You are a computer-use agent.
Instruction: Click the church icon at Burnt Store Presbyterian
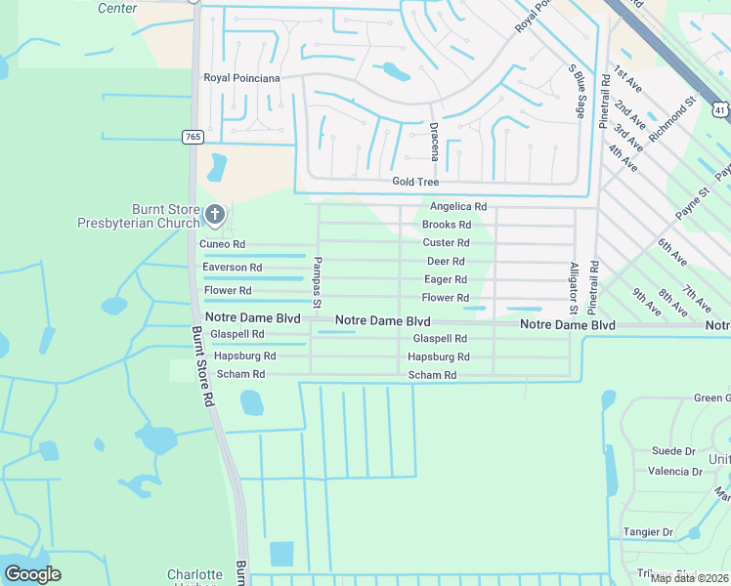click(x=216, y=213)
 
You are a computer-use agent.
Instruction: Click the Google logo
click(x=32, y=573)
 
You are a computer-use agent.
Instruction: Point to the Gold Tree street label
click(x=415, y=182)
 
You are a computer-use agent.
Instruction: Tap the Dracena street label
click(x=433, y=145)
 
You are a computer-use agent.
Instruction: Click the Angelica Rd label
click(x=458, y=207)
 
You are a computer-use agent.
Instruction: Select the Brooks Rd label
click(x=447, y=225)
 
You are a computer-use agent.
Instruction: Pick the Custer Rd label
click(x=447, y=243)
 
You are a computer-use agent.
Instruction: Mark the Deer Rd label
click(x=446, y=262)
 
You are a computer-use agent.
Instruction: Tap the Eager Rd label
click(x=446, y=279)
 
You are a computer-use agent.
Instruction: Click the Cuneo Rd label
click(x=222, y=244)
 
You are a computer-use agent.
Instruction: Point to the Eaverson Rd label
click(x=232, y=268)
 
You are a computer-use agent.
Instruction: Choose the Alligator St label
click(x=575, y=288)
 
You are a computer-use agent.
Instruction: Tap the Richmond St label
click(x=674, y=114)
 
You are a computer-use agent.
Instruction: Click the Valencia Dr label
click(x=676, y=471)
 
